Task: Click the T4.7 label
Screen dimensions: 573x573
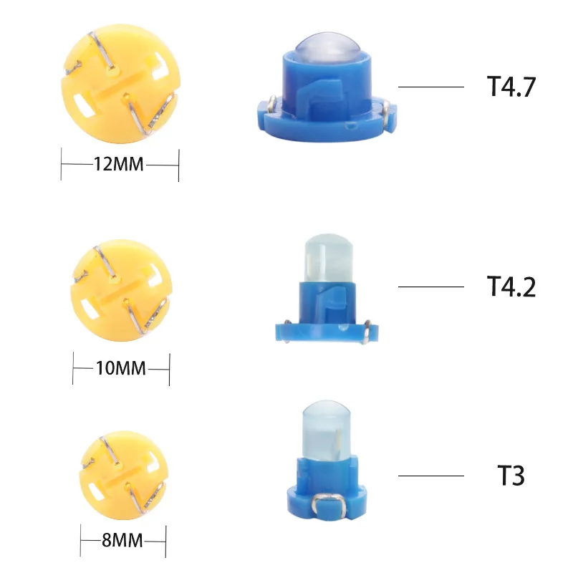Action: click(x=511, y=87)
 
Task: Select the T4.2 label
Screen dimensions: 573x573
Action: click(x=511, y=286)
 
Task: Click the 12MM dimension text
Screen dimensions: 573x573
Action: click(x=120, y=165)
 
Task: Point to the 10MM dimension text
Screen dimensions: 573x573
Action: click(x=120, y=368)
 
